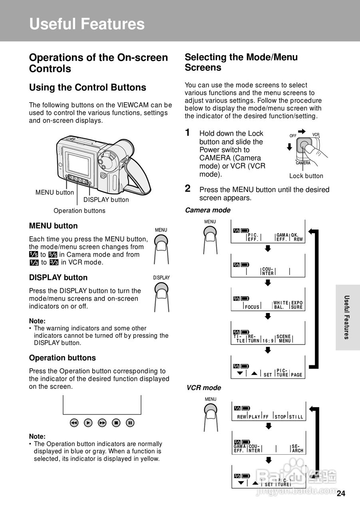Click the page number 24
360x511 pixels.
click(340, 493)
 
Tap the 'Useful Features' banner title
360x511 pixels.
click(87, 24)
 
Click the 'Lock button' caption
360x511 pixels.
click(306, 176)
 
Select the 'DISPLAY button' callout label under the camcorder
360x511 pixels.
click(106, 200)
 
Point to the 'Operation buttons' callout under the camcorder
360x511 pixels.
click(80, 211)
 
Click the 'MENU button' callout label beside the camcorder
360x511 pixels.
click(55, 192)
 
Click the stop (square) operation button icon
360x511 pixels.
click(116, 422)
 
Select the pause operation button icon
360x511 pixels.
click(130, 422)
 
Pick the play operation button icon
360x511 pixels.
click(88, 422)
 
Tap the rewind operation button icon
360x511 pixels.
click(74, 422)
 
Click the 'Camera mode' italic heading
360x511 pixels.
click(207, 210)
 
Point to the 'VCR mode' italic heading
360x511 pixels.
click(204, 388)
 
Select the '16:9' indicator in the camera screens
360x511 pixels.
click(268, 341)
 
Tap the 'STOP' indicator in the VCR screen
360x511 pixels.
click(280, 417)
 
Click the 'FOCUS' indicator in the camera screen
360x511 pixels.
click(252, 307)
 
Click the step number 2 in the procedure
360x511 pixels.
click(188, 188)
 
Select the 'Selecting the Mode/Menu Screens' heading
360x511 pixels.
click(241, 62)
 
